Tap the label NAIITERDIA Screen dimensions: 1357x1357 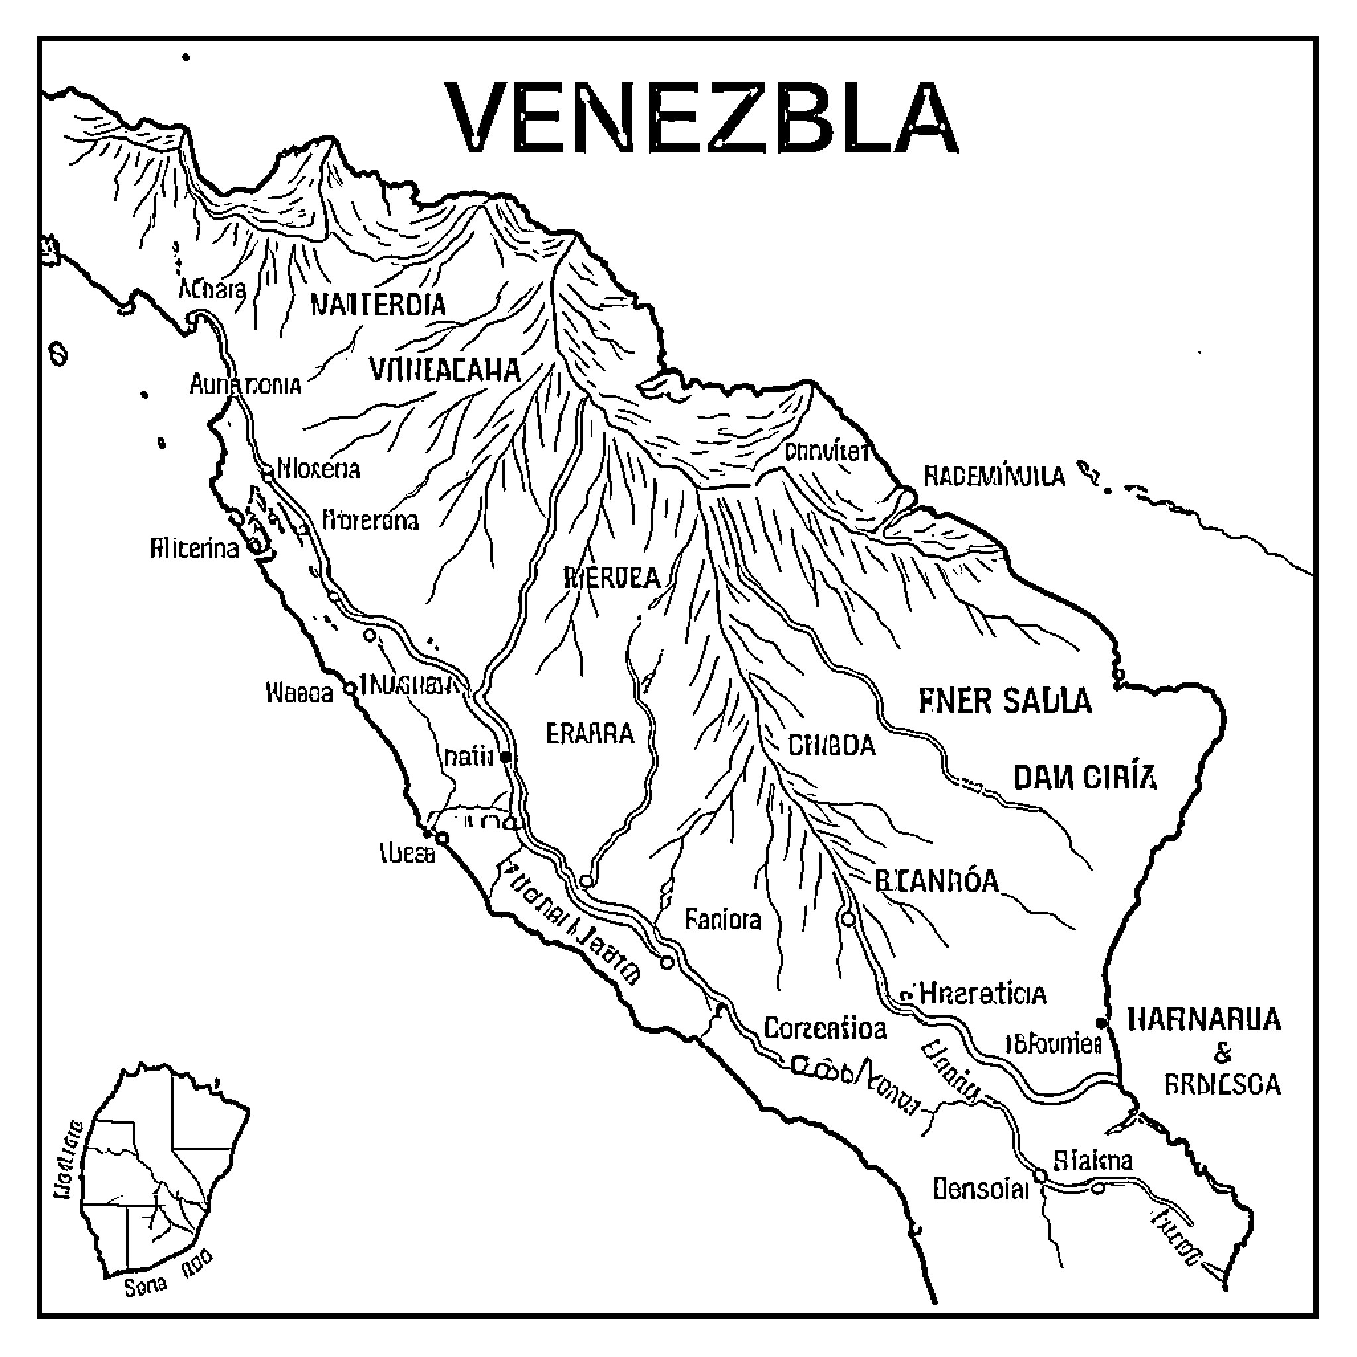coord(378,305)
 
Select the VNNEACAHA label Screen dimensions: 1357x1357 coord(444,370)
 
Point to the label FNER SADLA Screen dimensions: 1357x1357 coord(1005,701)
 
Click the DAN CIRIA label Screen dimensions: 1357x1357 coord(1085,779)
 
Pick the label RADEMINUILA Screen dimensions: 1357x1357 coord(994,477)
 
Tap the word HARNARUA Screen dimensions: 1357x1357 coord(1204,1019)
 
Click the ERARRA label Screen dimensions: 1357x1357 coord(590,734)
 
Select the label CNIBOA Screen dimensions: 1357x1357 coord(832,745)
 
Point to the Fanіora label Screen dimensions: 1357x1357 coord(723,920)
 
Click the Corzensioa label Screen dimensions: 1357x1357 coord(824,1029)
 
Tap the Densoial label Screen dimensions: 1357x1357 coord(981,1189)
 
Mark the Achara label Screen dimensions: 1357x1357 coord(212,289)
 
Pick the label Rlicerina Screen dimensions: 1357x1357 coord(195,548)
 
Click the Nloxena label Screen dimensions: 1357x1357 coord(319,468)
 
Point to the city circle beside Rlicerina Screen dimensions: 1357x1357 coord(254,547)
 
